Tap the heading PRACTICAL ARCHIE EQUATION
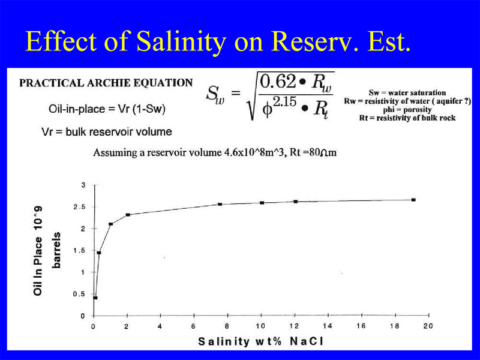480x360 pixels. (x=106, y=83)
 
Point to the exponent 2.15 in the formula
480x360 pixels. (x=284, y=101)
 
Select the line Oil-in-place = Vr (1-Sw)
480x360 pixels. (x=107, y=109)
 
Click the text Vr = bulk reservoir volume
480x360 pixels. (x=107, y=132)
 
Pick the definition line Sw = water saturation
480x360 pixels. (x=407, y=93)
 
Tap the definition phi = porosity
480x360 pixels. (x=407, y=110)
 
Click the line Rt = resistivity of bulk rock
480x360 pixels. (x=407, y=118)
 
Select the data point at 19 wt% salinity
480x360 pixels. (x=413, y=200)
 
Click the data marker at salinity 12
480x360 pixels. (x=295, y=202)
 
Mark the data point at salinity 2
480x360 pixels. (x=128, y=215)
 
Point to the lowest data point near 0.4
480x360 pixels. (x=95, y=298)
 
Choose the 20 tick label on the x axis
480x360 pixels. (x=428, y=326)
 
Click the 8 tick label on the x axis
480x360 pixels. (x=227, y=326)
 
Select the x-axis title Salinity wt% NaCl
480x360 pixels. (x=260, y=341)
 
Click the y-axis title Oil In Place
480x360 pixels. (x=38, y=251)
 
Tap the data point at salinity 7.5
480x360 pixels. (x=220, y=204)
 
